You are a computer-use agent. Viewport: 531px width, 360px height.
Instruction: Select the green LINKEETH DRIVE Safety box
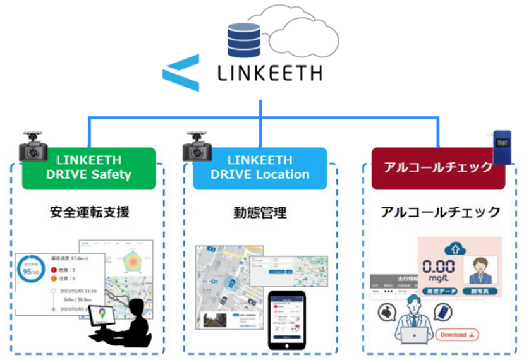click(x=88, y=168)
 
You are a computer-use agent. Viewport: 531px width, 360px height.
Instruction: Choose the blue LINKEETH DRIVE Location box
click(x=260, y=168)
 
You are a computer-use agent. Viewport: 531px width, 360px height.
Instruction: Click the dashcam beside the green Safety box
click(x=33, y=148)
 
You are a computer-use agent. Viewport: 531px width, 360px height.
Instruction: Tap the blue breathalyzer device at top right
click(x=502, y=148)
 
